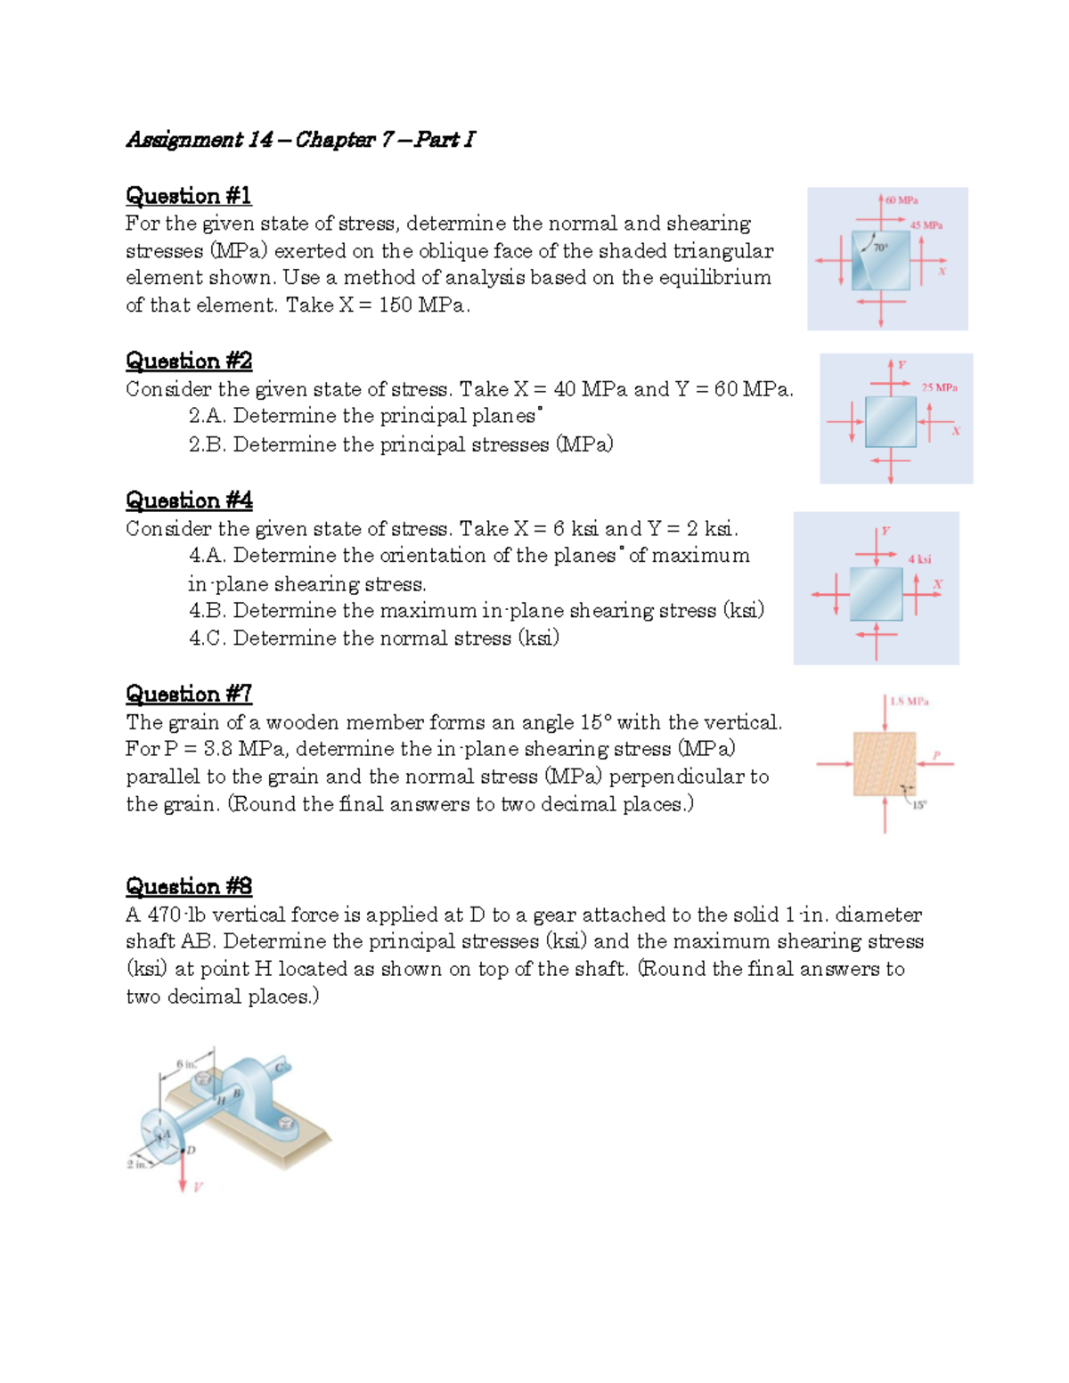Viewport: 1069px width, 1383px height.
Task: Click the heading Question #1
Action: point(188,196)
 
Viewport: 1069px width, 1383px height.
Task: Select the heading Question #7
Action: point(188,694)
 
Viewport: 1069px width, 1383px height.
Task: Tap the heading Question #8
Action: point(188,886)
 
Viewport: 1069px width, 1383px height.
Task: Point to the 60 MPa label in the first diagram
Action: point(902,200)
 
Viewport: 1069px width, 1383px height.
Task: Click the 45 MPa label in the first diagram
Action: point(926,225)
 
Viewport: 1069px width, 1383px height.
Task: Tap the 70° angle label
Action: point(880,248)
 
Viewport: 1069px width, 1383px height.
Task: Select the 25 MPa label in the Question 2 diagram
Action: point(939,387)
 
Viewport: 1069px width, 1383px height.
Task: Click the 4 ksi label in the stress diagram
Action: point(919,559)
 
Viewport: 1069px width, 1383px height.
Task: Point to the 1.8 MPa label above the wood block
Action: point(909,702)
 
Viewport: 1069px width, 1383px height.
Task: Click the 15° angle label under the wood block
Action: point(918,804)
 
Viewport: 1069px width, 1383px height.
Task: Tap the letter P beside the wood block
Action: point(936,755)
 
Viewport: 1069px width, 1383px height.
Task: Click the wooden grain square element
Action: point(884,763)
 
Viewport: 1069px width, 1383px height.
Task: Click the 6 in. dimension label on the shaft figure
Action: point(185,1064)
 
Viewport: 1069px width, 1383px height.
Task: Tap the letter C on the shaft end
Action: point(279,1068)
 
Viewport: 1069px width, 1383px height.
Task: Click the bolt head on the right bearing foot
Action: point(286,1122)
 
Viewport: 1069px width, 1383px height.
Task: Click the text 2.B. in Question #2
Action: point(207,444)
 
